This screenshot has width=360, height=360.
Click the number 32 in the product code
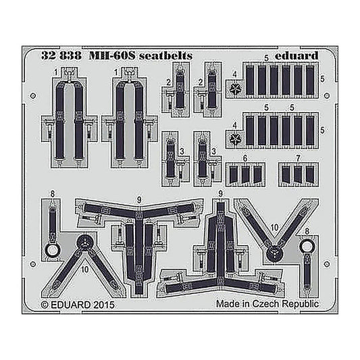pos(49,56)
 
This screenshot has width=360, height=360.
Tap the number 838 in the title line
pos(70,56)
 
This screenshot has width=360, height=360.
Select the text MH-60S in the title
pos(112,56)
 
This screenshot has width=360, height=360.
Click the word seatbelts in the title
pos(165,56)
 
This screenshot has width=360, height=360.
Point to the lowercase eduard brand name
pos(297,56)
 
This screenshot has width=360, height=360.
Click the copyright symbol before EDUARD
pos(45,305)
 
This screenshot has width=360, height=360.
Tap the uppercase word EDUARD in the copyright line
pos(70,305)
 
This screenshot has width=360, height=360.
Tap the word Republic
pos(301,305)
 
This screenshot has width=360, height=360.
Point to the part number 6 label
pos(245,159)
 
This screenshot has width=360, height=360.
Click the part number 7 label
pos(298,159)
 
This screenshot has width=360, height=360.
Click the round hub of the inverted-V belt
pos(84,244)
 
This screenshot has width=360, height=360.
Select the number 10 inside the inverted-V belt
pos(85,269)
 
